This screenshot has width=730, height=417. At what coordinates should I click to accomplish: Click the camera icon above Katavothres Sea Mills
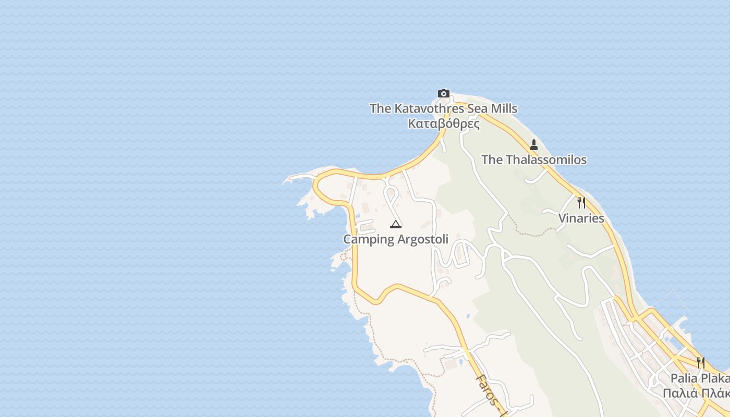pyautogui.click(x=444, y=94)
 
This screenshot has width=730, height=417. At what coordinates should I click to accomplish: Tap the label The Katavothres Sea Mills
pyautogui.click(x=443, y=108)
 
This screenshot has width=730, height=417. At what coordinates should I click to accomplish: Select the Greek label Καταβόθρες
pyautogui.click(x=443, y=124)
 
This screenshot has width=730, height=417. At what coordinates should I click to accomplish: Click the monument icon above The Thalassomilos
pyautogui.click(x=534, y=145)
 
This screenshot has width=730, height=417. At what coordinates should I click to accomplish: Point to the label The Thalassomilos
pyautogui.click(x=534, y=160)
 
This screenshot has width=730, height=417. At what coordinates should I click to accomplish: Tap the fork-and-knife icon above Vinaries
pyautogui.click(x=581, y=203)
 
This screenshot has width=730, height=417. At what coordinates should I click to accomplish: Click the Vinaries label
pyautogui.click(x=581, y=218)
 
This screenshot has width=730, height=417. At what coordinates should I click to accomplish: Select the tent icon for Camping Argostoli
pyautogui.click(x=396, y=225)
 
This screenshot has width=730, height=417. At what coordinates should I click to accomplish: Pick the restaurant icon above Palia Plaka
pyautogui.click(x=701, y=362)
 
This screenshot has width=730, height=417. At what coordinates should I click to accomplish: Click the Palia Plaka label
pyautogui.click(x=700, y=378)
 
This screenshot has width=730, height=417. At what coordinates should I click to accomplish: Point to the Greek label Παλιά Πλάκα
pyautogui.click(x=696, y=393)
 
